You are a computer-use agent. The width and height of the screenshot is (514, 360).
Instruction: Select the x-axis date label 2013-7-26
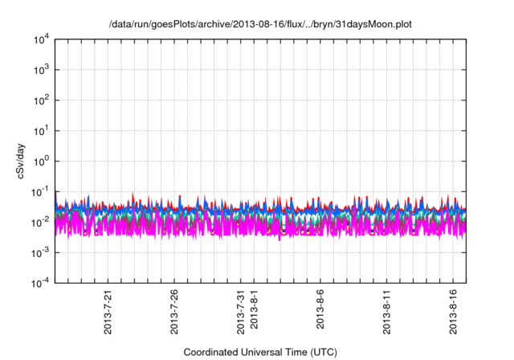tap(175, 314)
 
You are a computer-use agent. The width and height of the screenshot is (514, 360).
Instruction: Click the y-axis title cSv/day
tap(24, 161)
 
